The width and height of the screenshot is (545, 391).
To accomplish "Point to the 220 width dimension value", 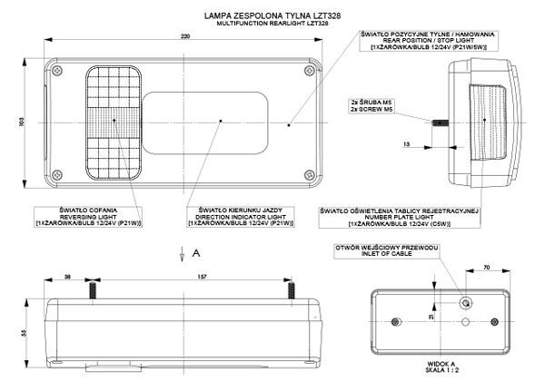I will [x=184, y=36].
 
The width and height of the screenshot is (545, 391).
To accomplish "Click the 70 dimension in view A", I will [x=487, y=268].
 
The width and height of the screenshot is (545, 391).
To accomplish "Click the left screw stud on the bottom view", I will [x=92, y=290].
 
